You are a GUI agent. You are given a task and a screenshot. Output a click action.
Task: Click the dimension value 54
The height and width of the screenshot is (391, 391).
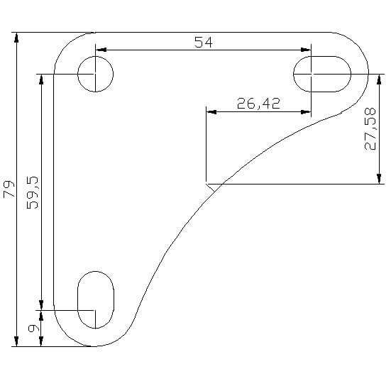203,42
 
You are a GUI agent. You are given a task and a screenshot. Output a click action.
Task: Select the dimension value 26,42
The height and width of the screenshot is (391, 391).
258,104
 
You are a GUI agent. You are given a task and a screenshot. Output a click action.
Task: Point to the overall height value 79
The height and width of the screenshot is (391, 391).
9,189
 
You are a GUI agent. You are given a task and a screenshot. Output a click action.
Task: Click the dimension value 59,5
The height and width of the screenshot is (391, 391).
32,191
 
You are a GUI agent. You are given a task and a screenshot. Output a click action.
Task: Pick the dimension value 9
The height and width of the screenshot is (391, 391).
32,329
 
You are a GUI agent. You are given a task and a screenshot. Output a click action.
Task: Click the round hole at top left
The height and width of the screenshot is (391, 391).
95,73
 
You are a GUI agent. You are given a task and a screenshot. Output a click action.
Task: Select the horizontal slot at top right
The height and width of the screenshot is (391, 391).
322,73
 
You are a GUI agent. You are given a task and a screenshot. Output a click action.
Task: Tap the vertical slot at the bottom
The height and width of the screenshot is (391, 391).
95,299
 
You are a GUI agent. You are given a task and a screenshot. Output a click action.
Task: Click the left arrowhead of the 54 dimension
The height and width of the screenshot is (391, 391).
100,50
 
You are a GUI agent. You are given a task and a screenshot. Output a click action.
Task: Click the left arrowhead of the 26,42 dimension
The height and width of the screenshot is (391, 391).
210,111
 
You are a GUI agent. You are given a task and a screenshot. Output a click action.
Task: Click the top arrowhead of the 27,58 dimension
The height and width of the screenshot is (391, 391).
380,77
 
